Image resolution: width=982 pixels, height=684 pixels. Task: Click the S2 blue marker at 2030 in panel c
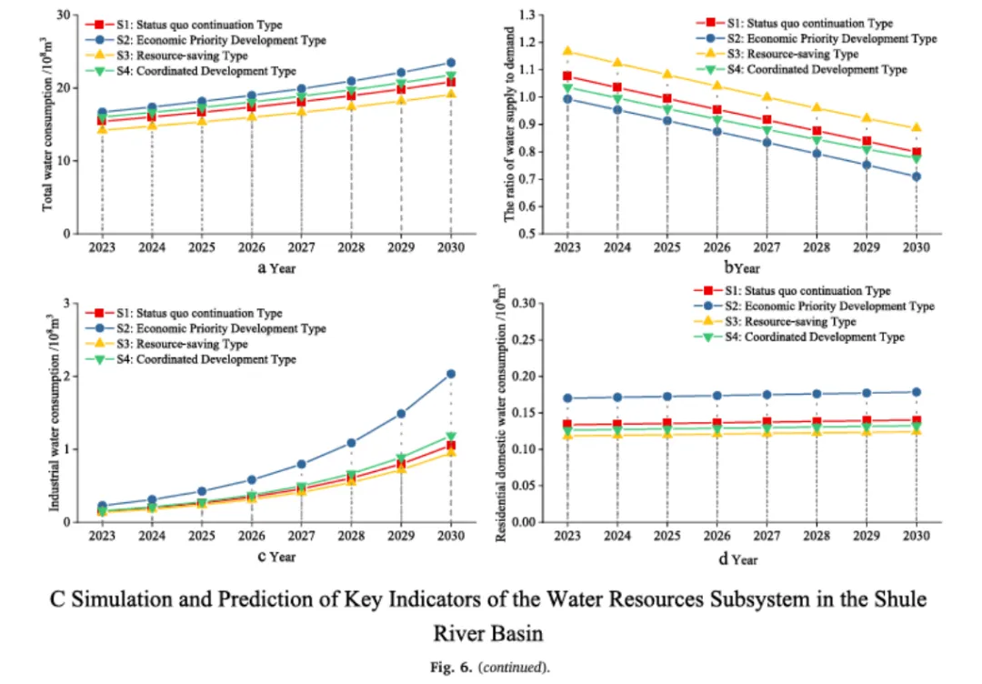click(x=451, y=374)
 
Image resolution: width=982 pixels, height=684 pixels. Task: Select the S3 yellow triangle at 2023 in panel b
click(x=567, y=52)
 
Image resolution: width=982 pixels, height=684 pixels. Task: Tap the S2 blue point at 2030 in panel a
click(x=451, y=63)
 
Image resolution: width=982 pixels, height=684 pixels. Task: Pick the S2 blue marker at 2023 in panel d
click(x=567, y=397)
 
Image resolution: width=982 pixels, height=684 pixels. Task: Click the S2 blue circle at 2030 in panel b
click(x=917, y=176)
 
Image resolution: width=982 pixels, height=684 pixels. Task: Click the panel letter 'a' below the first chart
click(x=261, y=267)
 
